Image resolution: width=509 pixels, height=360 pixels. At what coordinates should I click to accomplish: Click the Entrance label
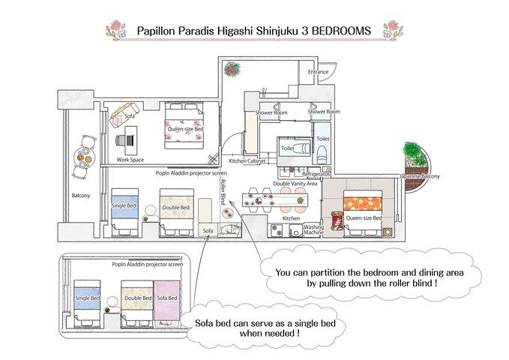click(318, 72)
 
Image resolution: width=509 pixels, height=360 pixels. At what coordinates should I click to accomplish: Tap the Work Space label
click(130, 160)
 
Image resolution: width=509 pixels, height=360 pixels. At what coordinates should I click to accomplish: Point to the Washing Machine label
click(314, 229)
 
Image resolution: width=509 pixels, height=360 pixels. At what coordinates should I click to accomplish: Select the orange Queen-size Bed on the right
click(364, 211)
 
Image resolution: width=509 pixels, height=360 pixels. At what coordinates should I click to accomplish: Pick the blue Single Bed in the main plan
click(124, 209)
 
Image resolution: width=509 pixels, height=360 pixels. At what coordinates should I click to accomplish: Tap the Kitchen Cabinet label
click(248, 161)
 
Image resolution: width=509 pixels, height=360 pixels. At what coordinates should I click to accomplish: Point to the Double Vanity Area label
click(295, 183)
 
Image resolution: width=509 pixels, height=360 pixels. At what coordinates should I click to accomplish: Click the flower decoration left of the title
click(118, 30)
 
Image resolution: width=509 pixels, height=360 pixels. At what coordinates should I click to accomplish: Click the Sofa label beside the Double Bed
click(209, 231)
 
